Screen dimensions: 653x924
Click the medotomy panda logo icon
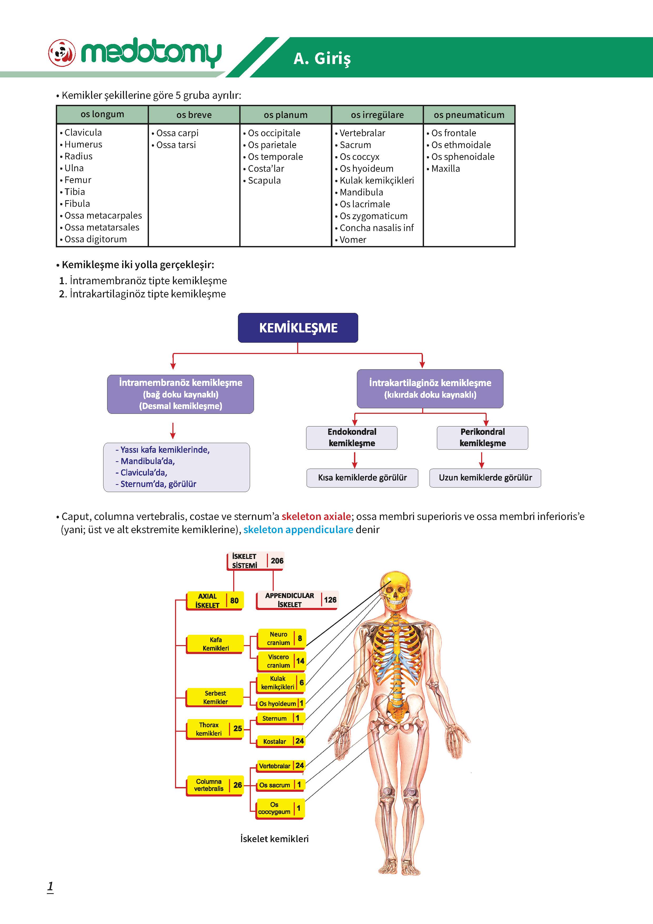click(x=62, y=53)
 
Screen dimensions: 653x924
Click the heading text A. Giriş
click(x=322, y=59)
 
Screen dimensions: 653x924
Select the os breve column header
click(x=194, y=115)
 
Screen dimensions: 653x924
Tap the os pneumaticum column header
click(x=469, y=115)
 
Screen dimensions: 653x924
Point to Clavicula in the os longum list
click(x=83, y=132)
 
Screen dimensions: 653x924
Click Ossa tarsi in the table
click(x=176, y=145)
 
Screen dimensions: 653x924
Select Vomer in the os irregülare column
click(x=353, y=240)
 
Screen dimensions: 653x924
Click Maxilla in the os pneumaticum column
click(x=446, y=169)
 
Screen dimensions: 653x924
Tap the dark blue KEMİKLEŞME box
click(x=298, y=328)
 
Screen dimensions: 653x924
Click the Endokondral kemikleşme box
click(x=352, y=438)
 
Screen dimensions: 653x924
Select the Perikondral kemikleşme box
click(x=482, y=438)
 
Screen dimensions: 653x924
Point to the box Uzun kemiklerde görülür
click(x=485, y=478)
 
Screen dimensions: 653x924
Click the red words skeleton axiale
click(x=316, y=516)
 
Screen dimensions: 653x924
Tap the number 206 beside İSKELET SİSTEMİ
click(x=277, y=561)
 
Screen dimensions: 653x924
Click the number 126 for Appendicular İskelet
click(x=330, y=600)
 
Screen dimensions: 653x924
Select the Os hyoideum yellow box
click(x=281, y=704)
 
